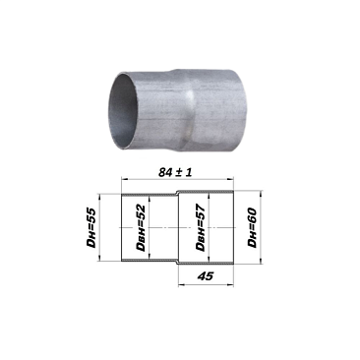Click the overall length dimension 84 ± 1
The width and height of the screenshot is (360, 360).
tap(175, 172)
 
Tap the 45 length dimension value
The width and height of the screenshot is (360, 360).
tap(206, 276)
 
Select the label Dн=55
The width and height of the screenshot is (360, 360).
tap(90, 227)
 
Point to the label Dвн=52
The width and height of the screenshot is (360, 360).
tap(141, 228)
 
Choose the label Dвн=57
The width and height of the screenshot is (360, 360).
tap(200, 227)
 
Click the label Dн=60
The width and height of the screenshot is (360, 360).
tap(252, 227)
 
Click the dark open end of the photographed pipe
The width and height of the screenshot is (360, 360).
tap(121, 111)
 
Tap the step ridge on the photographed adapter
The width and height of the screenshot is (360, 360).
tap(189, 108)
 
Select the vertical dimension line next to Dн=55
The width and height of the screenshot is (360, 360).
tap(99, 227)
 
